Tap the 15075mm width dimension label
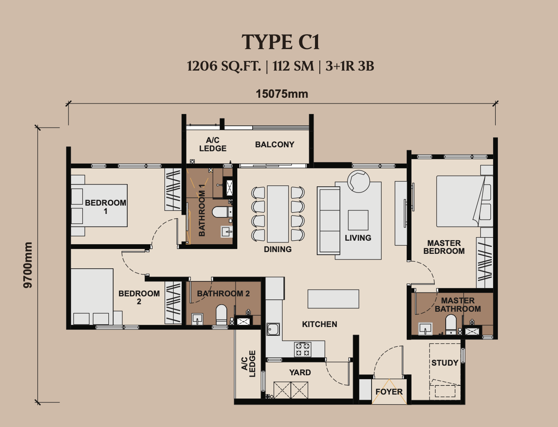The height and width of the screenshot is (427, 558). (x=282, y=94)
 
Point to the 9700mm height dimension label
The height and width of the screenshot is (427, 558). (x=28, y=265)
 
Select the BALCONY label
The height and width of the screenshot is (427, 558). (x=275, y=145)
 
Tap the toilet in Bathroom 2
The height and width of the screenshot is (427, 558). (x=222, y=315)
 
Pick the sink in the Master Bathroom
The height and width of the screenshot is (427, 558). (x=425, y=329)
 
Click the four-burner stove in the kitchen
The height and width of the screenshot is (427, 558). (x=303, y=349)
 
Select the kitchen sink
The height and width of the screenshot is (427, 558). (x=273, y=329)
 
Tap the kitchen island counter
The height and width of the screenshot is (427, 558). (x=333, y=299)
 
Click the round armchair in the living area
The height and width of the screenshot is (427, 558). (x=358, y=181)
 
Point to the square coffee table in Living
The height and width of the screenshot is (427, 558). (x=358, y=220)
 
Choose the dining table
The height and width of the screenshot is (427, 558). (x=278, y=214)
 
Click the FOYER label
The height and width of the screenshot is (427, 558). (x=389, y=392)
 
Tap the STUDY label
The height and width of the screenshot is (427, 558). (x=445, y=363)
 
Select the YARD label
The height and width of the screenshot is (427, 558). (x=300, y=372)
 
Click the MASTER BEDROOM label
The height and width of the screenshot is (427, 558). (x=444, y=247)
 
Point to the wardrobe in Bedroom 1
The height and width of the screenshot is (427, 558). (x=173, y=189)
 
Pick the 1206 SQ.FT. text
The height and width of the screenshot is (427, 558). (x=224, y=66)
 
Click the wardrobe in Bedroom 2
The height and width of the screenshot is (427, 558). (x=173, y=302)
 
